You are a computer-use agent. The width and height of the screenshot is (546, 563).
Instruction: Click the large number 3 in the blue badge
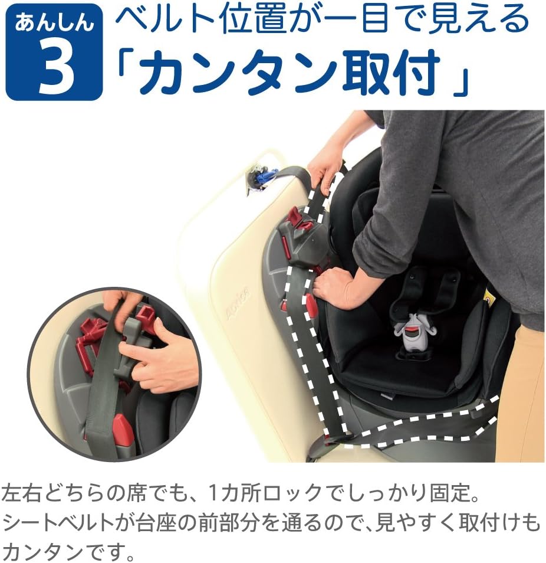[x=57, y=70]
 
